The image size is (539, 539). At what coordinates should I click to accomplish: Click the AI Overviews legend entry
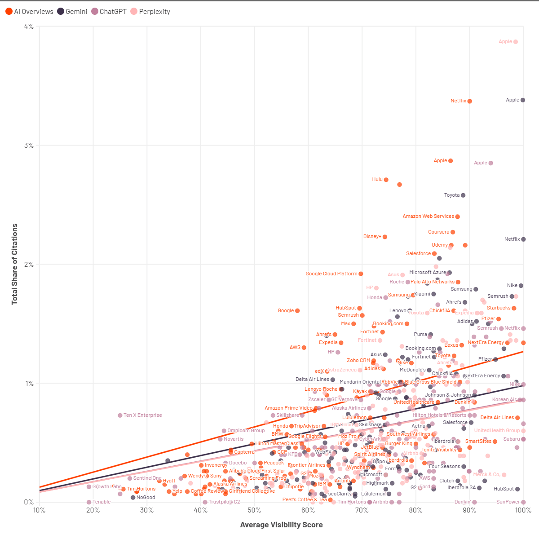point(29,12)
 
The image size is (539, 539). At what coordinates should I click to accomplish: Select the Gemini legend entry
point(72,12)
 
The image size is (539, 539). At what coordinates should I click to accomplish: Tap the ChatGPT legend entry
point(109,12)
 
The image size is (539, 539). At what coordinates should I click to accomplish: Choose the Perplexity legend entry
point(150,12)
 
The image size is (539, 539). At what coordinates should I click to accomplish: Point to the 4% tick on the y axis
point(28,27)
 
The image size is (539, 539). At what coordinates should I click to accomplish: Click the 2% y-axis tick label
point(28,265)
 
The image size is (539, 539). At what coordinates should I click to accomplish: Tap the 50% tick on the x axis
point(254,510)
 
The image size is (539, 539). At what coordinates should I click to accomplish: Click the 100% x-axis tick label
point(523,510)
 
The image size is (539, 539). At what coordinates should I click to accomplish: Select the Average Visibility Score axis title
point(281,525)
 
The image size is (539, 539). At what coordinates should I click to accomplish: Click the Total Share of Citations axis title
point(15,264)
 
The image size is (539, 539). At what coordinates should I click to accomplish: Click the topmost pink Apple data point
point(516,42)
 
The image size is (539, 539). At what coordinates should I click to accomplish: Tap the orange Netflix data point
point(470,101)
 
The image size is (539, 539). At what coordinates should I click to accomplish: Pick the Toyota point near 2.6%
point(463,195)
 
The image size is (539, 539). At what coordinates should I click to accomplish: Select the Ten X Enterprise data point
point(120,415)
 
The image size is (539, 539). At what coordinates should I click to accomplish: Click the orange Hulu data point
point(386,180)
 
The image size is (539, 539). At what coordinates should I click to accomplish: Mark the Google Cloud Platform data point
point(361,274)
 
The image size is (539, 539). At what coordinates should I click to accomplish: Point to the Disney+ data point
point(385,237)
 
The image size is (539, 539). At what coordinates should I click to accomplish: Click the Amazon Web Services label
point(428,216)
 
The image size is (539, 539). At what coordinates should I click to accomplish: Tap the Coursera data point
point(453,232)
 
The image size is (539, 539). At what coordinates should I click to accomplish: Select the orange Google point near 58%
point(297,311)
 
